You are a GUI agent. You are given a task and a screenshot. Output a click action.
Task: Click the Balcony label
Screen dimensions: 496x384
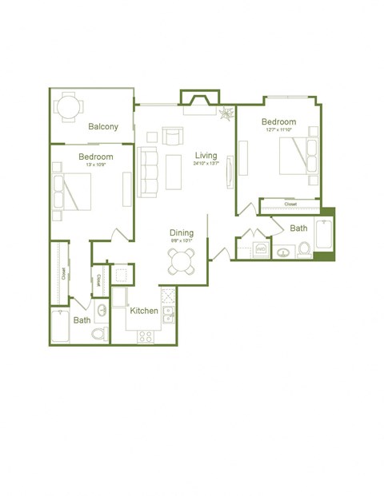pos(104,126)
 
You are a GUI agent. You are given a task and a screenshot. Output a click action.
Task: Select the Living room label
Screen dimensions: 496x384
pos(206,155)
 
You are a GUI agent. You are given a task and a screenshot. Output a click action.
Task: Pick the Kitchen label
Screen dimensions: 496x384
pos(144,311)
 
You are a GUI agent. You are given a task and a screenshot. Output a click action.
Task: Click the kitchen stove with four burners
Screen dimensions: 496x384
pos(146,336)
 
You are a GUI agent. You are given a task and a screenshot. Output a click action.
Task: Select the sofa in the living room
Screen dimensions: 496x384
pos(149,171)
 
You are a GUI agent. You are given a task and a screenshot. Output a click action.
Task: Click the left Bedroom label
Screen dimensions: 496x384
pos(95,157)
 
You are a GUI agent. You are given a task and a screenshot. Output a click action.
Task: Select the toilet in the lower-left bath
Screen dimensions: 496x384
pos(99,332)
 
